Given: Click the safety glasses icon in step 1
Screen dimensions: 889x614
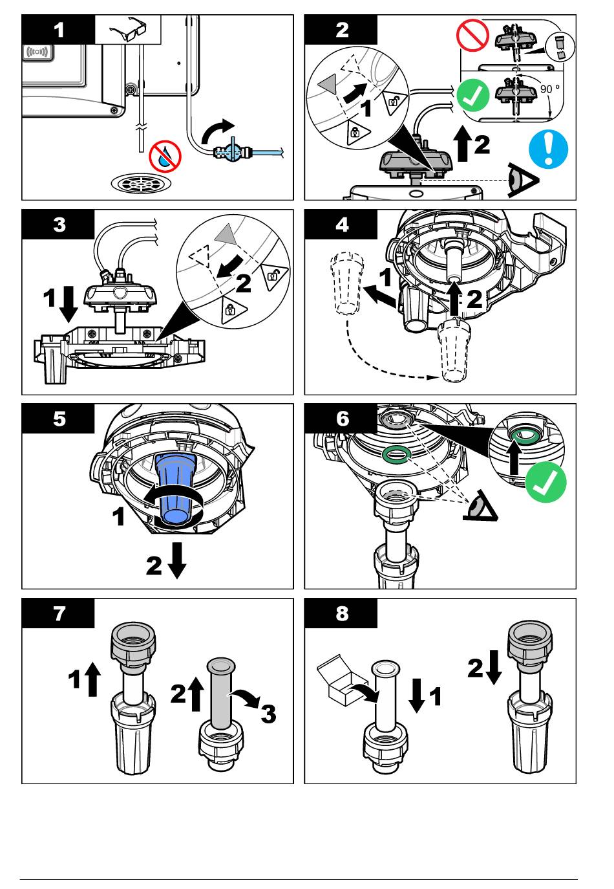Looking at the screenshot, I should tap(128, 30).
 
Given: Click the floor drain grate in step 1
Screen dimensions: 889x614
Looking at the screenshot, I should tap(142, 183).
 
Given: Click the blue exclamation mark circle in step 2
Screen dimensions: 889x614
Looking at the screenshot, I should tap(548, 148).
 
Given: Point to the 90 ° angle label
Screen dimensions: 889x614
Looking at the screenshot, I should tap(550, 88).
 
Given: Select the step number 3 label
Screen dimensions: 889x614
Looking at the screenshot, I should tap(59, 225).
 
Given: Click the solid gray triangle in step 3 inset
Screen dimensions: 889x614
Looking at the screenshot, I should tap(225, 236).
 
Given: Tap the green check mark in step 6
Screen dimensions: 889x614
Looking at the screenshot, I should tap(545, 483).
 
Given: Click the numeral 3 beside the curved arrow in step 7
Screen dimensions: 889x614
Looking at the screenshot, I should tap(268, 714).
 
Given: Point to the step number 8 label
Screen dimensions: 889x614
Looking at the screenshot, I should tap(341, 613).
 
